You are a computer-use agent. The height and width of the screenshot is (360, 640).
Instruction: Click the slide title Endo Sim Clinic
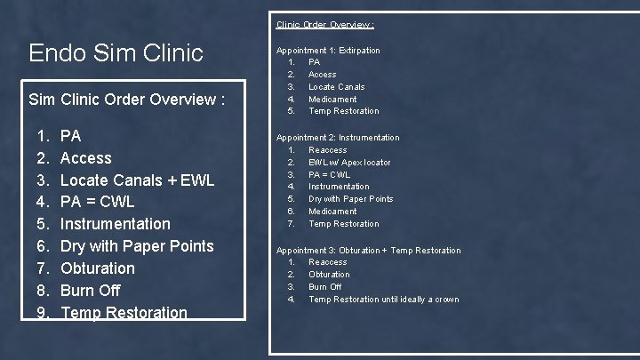pyautogui.click(x=116, y=52)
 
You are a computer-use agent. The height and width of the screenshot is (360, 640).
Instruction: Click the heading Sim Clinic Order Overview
pyautogui.click(x=125, y=100)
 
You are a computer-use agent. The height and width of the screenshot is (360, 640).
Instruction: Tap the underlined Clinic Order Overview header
pyautogui.click(x=324, y=24)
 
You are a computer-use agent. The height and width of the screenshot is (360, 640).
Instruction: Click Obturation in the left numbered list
pyautogui.click(x=97, y=268)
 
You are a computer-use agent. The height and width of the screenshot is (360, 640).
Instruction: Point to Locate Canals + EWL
pyautogui.click(x=137, y=180)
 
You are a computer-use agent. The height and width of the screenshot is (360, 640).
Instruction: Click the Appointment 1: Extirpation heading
pyautogui.click(x=328, y=51)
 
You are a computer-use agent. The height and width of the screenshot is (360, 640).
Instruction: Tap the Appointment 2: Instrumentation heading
pyautogui.click(x=338, y=138)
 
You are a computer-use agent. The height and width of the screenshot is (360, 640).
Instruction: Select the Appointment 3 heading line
pyautogui.click(x=368, y=251)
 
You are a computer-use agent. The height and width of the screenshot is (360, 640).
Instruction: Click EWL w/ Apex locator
pyautogui.click(x=349, y=163)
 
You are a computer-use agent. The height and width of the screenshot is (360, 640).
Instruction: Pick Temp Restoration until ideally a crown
pyautogui.click(x=383, y=300)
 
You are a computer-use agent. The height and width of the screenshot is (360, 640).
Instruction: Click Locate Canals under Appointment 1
pyautogui.click(x=336, y=87)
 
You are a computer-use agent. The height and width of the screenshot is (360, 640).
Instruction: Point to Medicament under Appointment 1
pyautogui.click(x=332, y=100)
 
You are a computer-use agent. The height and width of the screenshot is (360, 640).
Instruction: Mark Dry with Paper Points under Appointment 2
pyautogui.click(x=350, y=199)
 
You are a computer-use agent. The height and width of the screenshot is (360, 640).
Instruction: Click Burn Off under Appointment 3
pyautogui.click(x=324, y=287)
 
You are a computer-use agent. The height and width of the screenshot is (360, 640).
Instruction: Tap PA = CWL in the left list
pyautogui.click(x=97, y=202)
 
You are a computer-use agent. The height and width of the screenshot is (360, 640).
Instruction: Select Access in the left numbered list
pyautogui.click(x=85, y=157)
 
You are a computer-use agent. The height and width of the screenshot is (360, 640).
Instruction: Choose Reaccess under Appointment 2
pyautogui.click(x=327, y=150)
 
